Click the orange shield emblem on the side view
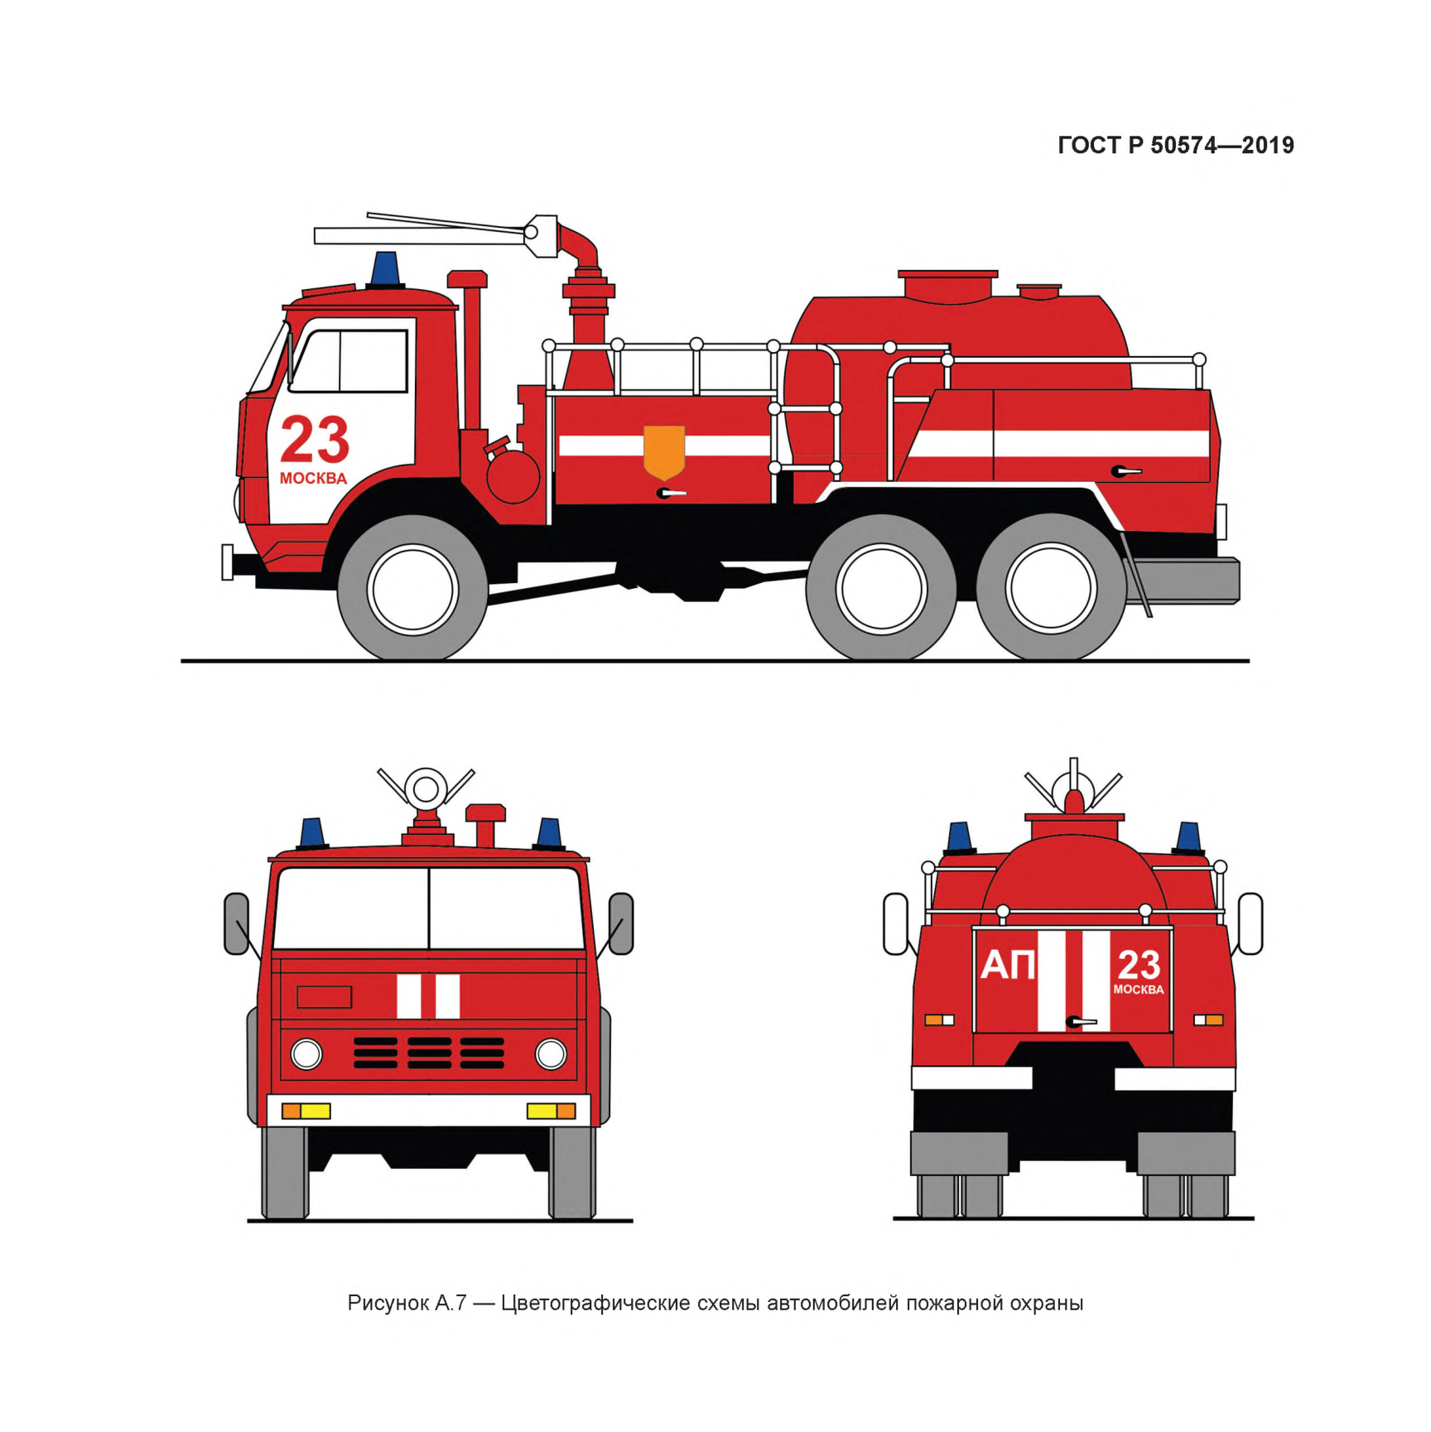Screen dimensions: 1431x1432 pyautogui.click(x=664, y=452)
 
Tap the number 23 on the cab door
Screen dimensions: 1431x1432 pyautogui.click(x=315, y=440)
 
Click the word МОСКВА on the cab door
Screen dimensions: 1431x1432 pyautogui.click(x=313, y=479)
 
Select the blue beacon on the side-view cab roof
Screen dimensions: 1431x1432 pyautogui.click(x=385, y=270)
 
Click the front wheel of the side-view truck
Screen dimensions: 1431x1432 pyautogui.click(x=412, y=588)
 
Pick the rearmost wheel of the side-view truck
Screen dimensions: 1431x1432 pyautogui.click(x=1051, y=588)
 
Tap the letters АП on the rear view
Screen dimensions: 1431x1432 pyautogui.click(x=1008, y=966)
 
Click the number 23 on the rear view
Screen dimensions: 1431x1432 pyautogui.click(x=1139, y=965)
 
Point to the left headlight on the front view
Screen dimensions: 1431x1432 pyautogui.click(x=306, y=1054)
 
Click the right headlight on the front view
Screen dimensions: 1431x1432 pyautogui.click(x=551, y=1054)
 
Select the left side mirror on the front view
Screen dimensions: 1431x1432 pyautogui.click(x=237, y=923)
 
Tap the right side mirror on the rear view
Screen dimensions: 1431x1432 pyautogui.click(x=1250, y=923)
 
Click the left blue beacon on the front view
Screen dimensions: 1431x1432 pyautogui.click(x=311, y=834)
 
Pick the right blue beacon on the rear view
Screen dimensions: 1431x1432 pyautogui.click(x=1188, y=838)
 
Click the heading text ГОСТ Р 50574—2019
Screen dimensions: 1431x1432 pyautogui.click(x=1176, y=146)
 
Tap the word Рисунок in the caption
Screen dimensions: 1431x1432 pyautogui.click(x=388, y=1304)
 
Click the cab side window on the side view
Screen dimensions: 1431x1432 pyautogui.click(x=351, y=361)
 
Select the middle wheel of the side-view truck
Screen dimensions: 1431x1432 pyautogui.click(x=881, y=588)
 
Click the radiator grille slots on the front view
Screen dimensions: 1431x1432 pyautogui.click(x=429, y=1053)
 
